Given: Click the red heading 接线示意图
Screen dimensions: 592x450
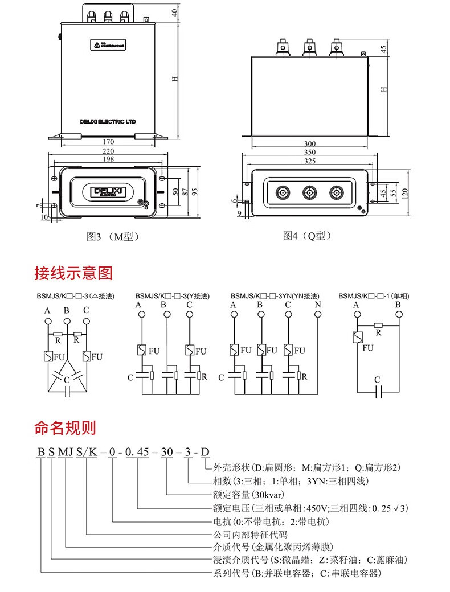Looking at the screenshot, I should click(x=73, y=273).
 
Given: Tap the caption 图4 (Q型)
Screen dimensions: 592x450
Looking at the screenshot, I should click(x=308, y=236).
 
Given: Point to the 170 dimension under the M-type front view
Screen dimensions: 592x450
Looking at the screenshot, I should click(x=108, y=141).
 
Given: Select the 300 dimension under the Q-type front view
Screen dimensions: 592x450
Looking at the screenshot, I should click(x=310, y=144).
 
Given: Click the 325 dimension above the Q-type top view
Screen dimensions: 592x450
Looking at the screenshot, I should click(x=310, y=162).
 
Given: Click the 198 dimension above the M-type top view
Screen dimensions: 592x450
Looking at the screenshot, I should click(x=108, y=159).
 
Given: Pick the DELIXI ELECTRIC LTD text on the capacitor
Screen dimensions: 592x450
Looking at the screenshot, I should click(x=108, y=121).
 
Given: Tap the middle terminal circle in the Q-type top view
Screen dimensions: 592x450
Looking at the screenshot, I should click(x=310, y=194).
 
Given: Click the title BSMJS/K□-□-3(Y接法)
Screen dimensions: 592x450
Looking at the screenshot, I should click(x=172, y=297).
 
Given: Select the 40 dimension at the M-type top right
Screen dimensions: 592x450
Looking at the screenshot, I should click(x=175, y=13).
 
